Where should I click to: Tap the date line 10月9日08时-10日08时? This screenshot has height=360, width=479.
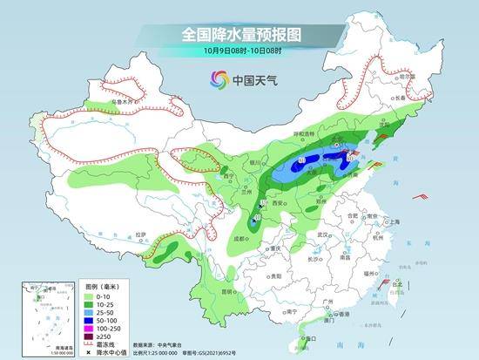click(239, 52)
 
